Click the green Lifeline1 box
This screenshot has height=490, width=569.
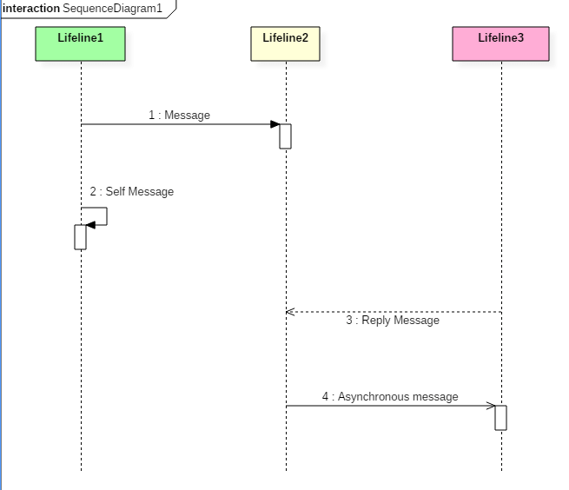(x=80, y=43)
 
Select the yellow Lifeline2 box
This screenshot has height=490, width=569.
(x=285, y=43)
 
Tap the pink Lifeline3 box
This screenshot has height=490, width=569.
(x=500, y=43)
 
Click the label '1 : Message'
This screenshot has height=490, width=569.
(x=179, y=115)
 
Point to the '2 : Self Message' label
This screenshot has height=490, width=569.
(x=132, y=191)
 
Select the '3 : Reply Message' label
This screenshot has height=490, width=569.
(x=393, y=320)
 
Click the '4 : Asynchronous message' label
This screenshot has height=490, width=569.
(x=390, y=396)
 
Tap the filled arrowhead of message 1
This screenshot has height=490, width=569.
(x=275, y=124)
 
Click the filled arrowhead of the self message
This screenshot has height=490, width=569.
(x=90, y=225)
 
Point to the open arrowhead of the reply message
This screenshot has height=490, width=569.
(x=290, y=312)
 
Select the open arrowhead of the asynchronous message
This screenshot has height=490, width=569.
(x=491, y=406)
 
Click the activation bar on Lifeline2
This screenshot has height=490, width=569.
(x=285, y=136)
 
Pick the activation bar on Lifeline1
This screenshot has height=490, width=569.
(x=80, y=237)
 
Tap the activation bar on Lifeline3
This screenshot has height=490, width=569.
(x=500, y=418)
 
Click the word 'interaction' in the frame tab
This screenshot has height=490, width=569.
(x=31, y=8)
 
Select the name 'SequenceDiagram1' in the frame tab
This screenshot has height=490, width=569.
(x=112, y=9)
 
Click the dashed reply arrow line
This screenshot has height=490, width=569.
(x=394, y=312)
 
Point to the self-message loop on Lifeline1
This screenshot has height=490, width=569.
(x=107, y=216)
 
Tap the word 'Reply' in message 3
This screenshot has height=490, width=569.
(x=375, y=321)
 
